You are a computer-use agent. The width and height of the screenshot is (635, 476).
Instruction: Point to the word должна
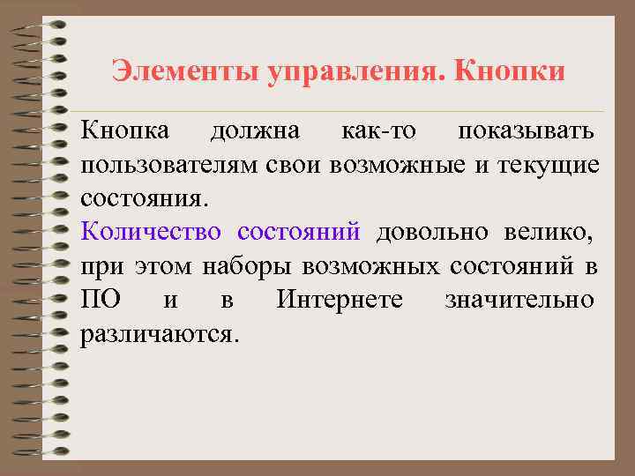[255, 131]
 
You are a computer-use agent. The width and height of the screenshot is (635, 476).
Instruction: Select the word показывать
[526, 131]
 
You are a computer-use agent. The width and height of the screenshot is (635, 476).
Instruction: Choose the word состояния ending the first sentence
[145, 198]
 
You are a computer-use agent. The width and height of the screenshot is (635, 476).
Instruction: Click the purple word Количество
[151, 233]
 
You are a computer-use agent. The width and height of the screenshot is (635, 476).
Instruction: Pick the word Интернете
[340, 300]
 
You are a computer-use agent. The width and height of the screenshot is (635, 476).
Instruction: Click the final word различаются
[160, 334]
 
